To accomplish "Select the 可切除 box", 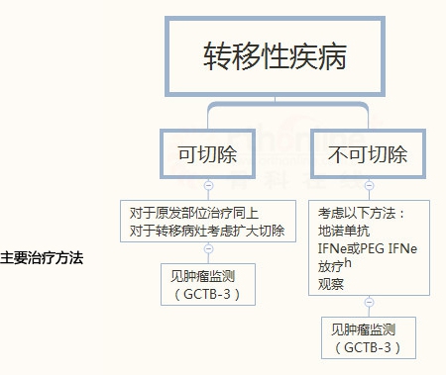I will tap(208, 155).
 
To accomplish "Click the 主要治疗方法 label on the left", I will tap(42, 257).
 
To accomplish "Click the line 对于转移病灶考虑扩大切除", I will tap(206, 231).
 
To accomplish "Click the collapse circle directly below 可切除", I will tap(208, 185).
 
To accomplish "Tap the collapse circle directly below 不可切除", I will tap(369, 185).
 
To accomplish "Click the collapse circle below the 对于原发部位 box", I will tap(208, 250).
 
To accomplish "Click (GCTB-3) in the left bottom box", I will tap(208, 295).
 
